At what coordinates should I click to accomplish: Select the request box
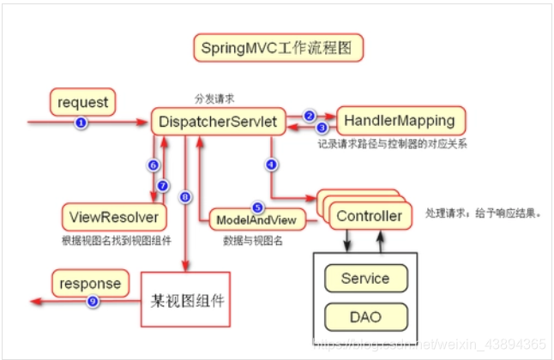click(x=82, y=103)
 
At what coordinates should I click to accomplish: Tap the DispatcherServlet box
click(x=218, y=123)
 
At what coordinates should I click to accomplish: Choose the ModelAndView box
click(x=256, y=220)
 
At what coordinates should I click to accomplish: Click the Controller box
click(x=368, y=216)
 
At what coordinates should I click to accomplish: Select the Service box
click(x=365, y=279)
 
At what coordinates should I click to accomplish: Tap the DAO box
click(x=365, y=317)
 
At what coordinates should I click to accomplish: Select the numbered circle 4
click(x=271, y=163)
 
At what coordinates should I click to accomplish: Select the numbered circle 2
click(x=310, y=114)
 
